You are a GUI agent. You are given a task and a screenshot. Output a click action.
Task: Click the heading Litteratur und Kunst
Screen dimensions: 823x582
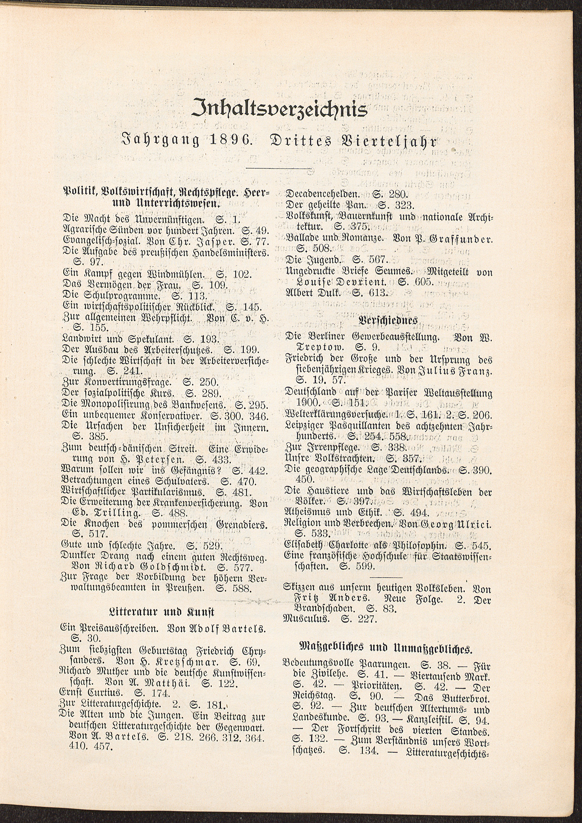point(165,612)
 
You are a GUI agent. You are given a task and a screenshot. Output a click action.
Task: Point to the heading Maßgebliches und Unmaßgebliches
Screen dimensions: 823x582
point(385,648)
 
